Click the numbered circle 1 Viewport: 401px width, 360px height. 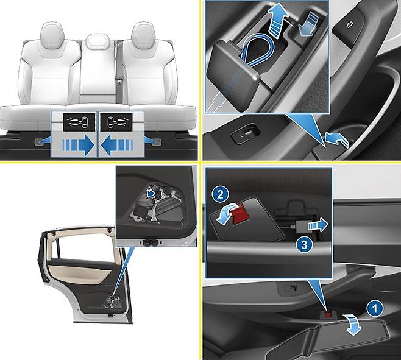pos(375,309)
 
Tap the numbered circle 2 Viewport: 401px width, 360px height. pos(220,195)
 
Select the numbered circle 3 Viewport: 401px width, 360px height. pos(304,245)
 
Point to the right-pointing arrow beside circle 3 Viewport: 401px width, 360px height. pos(318,225)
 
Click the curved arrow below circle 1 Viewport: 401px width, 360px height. pos(353,324)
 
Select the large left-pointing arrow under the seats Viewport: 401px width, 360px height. pos(117,146)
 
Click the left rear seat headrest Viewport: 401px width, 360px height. pos(52,35)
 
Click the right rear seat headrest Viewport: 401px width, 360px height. pos(143,35)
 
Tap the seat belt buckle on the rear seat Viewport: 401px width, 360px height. pos(119,79)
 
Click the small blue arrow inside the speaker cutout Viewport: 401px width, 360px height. pos(151,193)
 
